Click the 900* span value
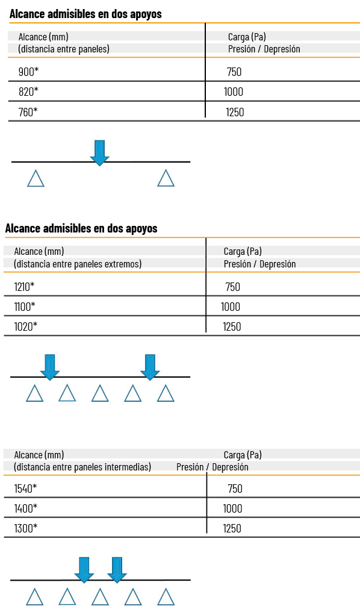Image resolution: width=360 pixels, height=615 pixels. (29, 72)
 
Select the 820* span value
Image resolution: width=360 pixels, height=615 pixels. (28, 92)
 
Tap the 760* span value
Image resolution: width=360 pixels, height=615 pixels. (28, 112)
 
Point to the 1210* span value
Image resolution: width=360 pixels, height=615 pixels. (24, 287)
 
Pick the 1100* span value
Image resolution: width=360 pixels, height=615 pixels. (24, 307)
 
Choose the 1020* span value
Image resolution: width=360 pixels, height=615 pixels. (25, 326)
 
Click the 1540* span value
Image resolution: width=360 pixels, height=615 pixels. (25, 489)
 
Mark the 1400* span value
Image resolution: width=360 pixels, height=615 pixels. (25, 509)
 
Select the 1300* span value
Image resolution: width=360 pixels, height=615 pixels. (25, 528)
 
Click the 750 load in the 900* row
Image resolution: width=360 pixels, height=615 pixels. (234, 72)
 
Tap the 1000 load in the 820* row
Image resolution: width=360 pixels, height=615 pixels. (234, 92)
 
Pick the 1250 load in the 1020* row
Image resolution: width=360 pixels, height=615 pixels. (232, 326)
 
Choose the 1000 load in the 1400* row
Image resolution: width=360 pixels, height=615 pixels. (232, 509)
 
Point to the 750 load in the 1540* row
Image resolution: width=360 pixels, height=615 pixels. (235, 489)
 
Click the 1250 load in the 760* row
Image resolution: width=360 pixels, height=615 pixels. (235, 112)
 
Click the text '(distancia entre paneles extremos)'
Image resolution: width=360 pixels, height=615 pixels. (78, 264)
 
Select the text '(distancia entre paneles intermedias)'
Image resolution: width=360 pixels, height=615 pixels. (82, 467)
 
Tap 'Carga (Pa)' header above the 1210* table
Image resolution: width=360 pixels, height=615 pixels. (243, 251)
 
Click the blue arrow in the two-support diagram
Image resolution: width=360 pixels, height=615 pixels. (99, 153)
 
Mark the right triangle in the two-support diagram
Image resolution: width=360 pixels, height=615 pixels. (166, 179)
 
